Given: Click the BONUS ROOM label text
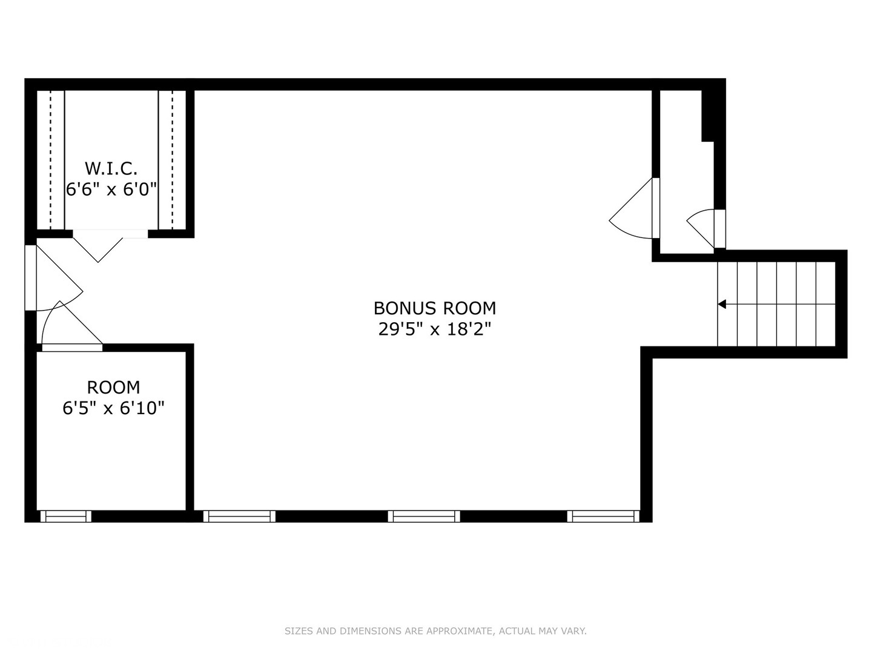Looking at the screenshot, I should tap(434, 308).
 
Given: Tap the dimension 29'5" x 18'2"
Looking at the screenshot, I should tap(434, 329).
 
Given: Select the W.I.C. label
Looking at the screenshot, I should tap(111, 168).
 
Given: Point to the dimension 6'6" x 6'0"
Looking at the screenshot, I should tap(111, 190).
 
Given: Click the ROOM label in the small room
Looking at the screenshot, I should tap(113, 388).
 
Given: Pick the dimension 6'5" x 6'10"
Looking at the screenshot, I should tap(113, 408).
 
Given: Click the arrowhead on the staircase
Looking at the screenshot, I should tap(722, 304).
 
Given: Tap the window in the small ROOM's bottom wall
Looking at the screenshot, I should tap(65, 516).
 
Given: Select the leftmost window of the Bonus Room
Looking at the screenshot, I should tap(239, 516).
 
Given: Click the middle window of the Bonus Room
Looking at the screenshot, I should tap(424, 516).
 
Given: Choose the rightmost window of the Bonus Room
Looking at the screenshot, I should tap(603, 516).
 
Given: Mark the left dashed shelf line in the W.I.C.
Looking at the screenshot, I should tap(51, 160).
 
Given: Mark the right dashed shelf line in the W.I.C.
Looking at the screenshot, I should tap(173, 160).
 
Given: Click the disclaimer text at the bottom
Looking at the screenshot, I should tap(435, 631).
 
